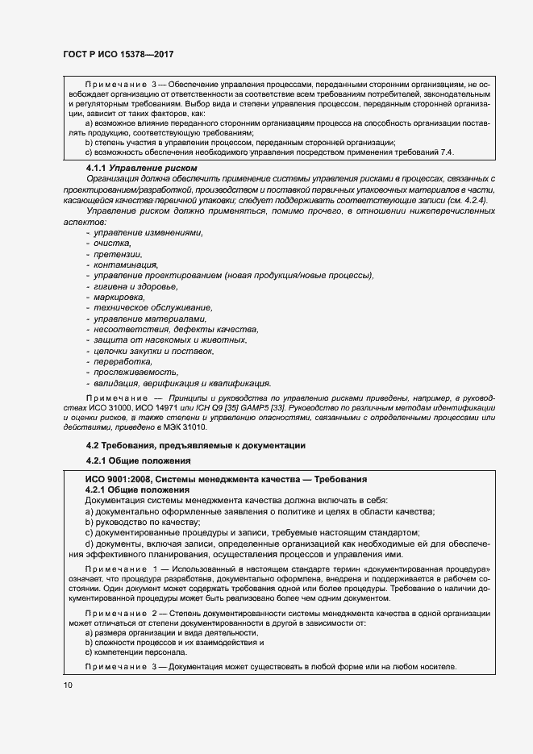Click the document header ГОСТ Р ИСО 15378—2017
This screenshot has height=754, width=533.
(119, 54)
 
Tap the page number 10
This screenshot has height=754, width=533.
(67, 685)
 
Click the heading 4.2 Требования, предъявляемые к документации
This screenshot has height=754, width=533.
(196, 446)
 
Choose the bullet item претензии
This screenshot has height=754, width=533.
(117, 254)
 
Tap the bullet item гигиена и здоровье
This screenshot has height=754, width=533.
(135, 286)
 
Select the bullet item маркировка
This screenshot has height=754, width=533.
(119, 298)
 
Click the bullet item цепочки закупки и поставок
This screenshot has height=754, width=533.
(153, 352)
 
